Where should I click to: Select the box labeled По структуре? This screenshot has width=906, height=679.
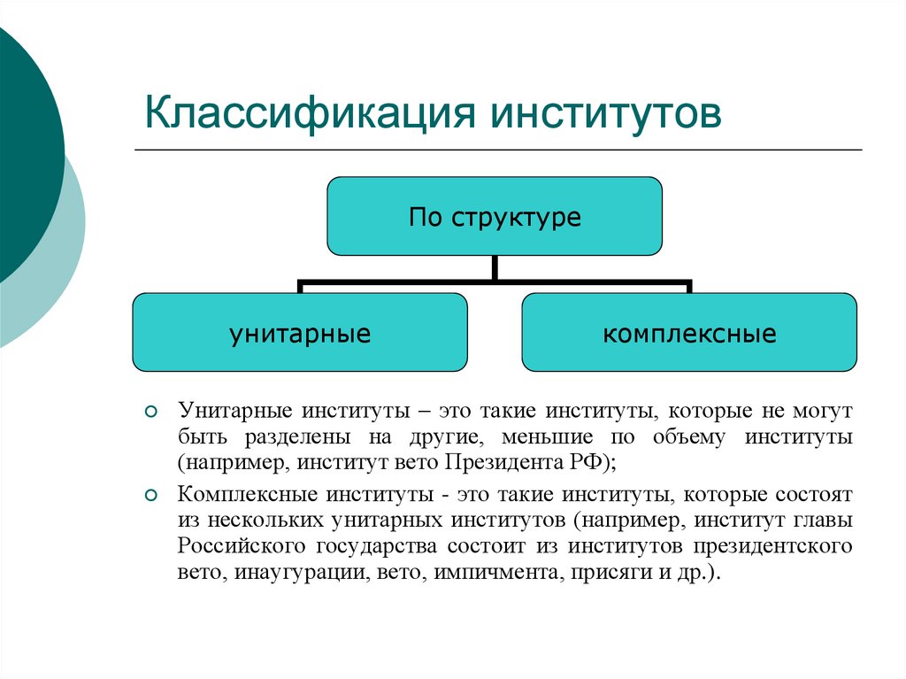coord(495,217)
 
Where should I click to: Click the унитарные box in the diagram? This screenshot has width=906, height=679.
coord(300,333)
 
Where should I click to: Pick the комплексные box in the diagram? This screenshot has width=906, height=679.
coord(689,333)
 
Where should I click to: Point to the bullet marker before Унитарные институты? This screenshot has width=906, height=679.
coord(150,413)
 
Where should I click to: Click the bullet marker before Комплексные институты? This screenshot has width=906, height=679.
coord(150,494)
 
